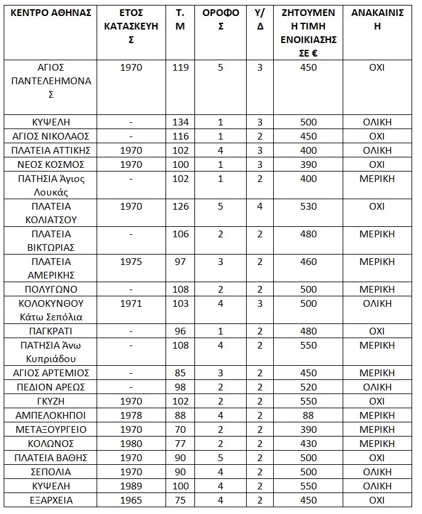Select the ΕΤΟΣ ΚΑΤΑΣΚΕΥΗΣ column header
coord(130,26)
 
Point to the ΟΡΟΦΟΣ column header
coord(220,20)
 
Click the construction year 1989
coord(130,486)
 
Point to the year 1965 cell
coord(130,500)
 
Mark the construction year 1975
coord(130,263)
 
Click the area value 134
coord(180,122)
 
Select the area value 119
coord(180,68)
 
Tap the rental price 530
coord(308,206)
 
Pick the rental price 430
coord(308,443)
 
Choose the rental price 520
coord(308,387)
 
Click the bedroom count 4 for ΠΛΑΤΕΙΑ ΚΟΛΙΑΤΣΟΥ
coord(260,206)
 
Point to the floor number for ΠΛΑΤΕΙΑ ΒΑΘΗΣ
coord(220,457)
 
